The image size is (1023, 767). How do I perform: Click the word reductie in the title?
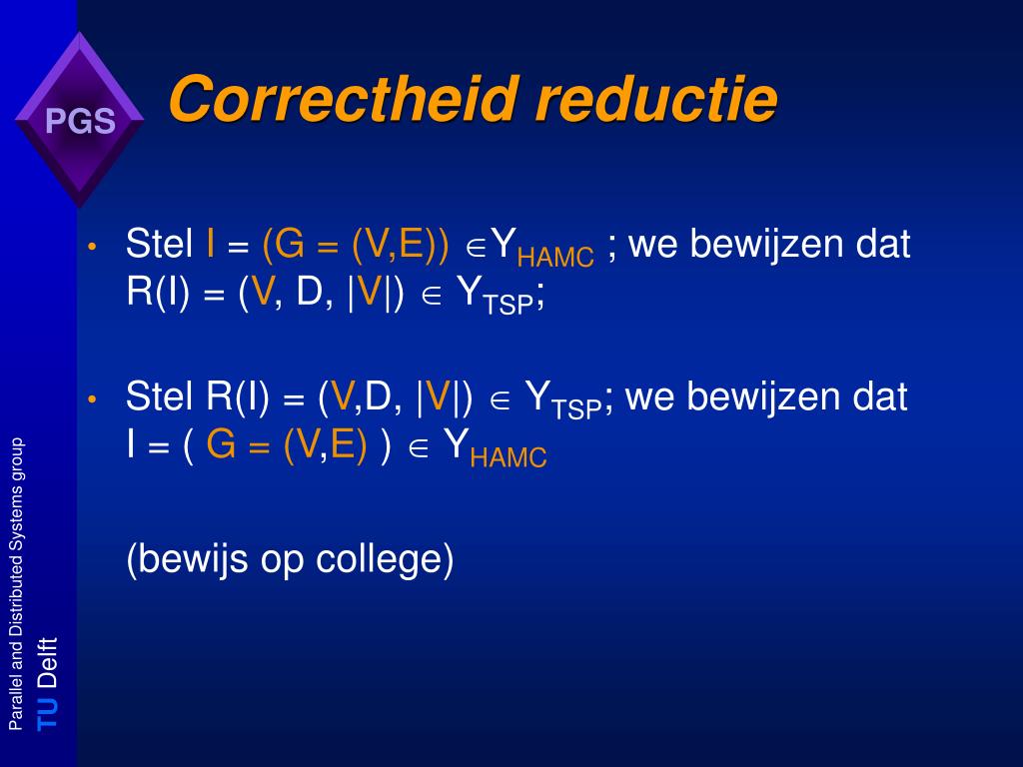pos(656,99)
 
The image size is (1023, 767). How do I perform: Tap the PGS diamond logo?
pos(80,120)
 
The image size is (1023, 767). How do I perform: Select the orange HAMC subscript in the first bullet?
pos(555,258)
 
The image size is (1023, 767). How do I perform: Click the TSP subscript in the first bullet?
pos(509,304)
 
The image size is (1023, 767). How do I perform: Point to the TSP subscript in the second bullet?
pos(576,408)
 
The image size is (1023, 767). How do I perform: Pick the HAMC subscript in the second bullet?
pos(509,457)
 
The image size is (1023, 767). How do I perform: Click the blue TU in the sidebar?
pos(47,713)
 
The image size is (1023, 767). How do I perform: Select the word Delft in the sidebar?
pos(47,663)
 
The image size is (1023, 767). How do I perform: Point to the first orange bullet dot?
pos(92,247)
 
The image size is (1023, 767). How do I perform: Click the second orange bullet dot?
pos(92,399)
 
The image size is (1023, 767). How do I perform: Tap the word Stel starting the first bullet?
pos(159,244)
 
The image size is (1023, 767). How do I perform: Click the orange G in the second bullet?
pos(221,444)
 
